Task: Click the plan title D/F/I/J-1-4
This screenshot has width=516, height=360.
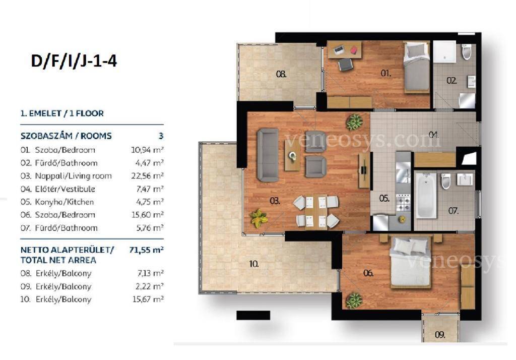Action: coord(74,62)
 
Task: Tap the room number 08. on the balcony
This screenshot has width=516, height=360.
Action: coord(281,74)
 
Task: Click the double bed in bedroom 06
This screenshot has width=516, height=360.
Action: coord(410,262)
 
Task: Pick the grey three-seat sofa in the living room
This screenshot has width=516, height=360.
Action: coord(268,155)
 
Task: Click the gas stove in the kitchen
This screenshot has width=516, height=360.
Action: coord(403,203)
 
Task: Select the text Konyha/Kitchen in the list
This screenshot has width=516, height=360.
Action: coord(64,202)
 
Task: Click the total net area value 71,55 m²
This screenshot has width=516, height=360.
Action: coord(147,250)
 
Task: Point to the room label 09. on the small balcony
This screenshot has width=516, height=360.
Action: coord(440,335)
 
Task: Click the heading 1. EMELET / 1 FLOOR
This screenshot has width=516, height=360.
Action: coord(62,113)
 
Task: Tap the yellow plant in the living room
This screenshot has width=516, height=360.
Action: coord(259,218)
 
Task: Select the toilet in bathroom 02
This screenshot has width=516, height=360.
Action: coord(466,52)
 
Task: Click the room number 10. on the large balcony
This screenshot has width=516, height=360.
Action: coord(254,264)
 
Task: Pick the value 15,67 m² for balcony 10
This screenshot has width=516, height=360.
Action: coord(148,299)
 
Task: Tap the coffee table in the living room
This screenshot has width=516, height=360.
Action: coord(292,156)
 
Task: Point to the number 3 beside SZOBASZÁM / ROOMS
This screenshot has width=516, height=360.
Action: coord(161,136)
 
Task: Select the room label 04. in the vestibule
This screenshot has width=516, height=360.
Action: coord(434,135)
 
